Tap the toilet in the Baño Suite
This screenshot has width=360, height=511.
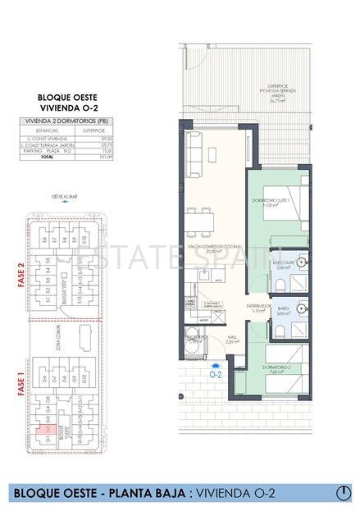280,283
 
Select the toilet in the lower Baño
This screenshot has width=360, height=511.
280,331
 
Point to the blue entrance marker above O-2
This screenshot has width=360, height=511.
215,366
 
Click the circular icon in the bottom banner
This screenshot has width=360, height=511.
344,492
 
